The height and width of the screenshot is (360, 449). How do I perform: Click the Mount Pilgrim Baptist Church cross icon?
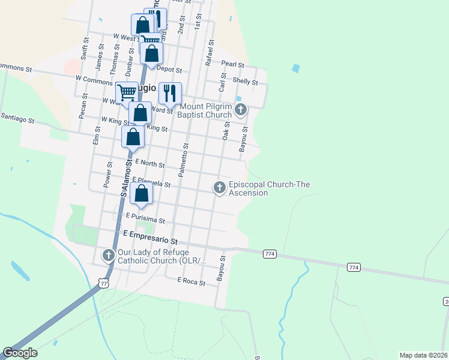click(241, 110)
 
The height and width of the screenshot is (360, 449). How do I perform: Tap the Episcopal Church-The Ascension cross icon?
click(220, 188)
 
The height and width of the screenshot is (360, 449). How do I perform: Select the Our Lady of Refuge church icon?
click(109, 256)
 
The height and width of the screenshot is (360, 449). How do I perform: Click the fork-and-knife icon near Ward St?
click(170, 93)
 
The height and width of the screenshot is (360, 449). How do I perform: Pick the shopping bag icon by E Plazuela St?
click(141, 193)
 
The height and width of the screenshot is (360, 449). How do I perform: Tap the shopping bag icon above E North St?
click(133, 136)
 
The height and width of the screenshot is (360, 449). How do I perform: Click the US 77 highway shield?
click(104, 282)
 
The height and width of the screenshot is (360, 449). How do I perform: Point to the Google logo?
click(20, 353)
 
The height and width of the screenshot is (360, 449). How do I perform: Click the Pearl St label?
click(232, 64)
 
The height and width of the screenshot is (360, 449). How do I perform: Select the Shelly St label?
click(245, 82)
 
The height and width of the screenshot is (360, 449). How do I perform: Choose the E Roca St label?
click(191, 280)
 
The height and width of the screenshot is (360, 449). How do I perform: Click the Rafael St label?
click(209, 53)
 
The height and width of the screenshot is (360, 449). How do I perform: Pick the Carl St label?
click(223, 82)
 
